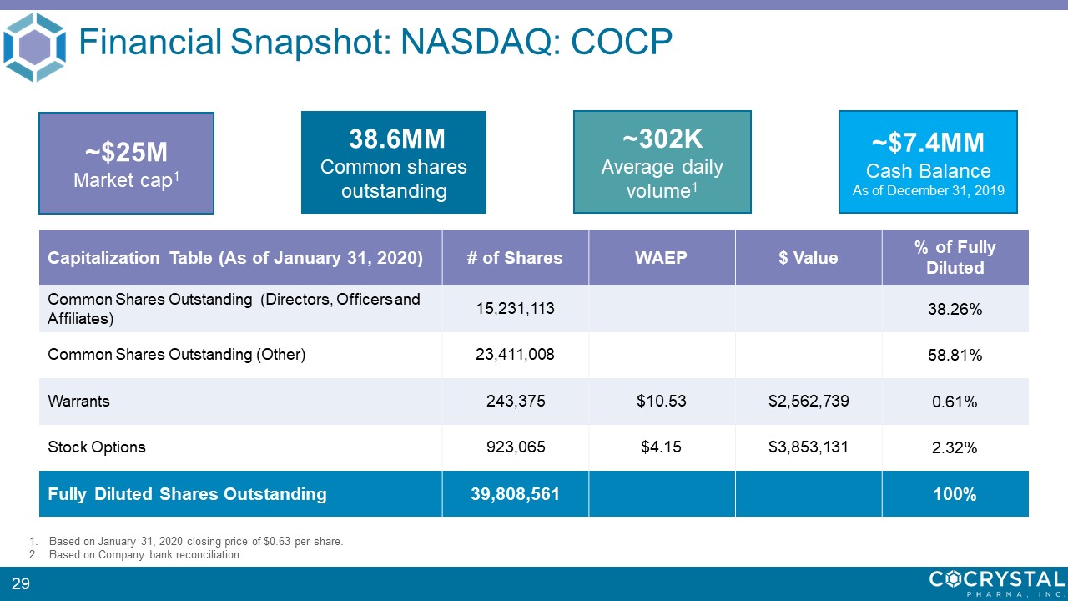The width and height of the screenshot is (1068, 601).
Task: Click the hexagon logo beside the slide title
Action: coord(34,47)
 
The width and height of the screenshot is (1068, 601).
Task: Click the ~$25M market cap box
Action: coord(126,164)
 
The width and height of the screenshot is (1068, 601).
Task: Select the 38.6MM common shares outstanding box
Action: coord(393,162)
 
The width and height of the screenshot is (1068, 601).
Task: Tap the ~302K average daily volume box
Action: coord(662,162)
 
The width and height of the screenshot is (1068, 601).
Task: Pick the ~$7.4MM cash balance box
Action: coord(927,162)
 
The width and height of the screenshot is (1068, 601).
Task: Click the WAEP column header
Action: coord(661,258)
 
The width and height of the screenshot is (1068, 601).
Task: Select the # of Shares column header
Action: coord(515,258)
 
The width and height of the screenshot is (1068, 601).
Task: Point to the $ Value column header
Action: coord(808,258)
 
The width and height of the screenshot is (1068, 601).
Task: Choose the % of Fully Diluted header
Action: coord(955,258)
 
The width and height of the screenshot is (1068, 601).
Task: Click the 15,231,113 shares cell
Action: coord(515,309)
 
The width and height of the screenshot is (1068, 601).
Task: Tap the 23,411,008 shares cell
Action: coord(515,355)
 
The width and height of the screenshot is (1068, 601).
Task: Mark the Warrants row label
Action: coord(79,401)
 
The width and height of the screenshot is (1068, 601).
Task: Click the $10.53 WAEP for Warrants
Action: coord(661,401)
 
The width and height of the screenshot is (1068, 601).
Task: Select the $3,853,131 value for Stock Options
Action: coord(808,447)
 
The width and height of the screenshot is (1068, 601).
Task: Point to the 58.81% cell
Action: coord(955,356)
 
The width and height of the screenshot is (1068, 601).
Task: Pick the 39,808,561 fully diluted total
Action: coord(515,494)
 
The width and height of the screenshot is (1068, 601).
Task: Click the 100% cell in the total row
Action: coord(955,494)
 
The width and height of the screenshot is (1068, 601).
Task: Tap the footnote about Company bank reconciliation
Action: coord(145,554)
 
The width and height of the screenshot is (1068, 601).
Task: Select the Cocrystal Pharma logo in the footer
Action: coord(996,583)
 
